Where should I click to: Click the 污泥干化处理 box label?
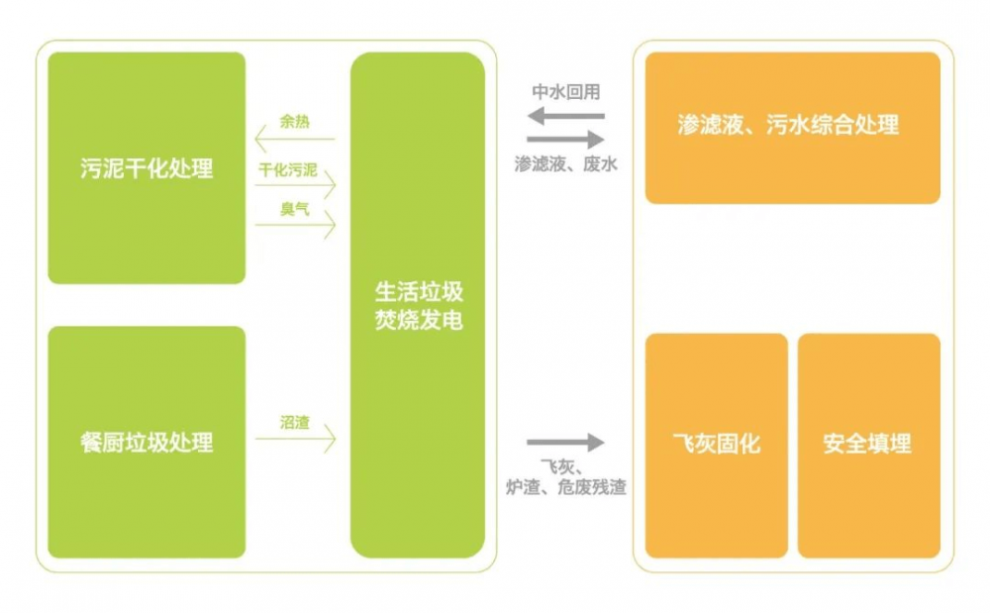(147, 168)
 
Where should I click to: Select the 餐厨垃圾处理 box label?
(147, 443)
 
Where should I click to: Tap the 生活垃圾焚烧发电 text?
(419, 306)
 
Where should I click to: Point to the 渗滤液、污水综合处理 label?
(788, 125)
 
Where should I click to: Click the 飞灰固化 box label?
(717, 444)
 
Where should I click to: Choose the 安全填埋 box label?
(867, 444)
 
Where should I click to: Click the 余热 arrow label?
(295, 121)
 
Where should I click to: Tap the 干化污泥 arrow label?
(288, 169)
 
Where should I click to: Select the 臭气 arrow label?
(295, 209)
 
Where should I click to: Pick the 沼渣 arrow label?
(295, 422)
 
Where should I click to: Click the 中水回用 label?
(565, 92)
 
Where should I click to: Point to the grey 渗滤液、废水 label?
(565, 164)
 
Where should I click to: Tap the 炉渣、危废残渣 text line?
(565, 487)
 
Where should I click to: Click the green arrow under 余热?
(294, 139)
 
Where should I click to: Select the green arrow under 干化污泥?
(295, 185)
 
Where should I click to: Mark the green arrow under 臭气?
(295, 225)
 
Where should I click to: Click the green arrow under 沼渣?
(295, 439)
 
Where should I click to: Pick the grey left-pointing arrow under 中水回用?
(565, 116)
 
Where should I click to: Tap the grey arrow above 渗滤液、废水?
(565, 140)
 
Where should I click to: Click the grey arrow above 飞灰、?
(565, 443)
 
